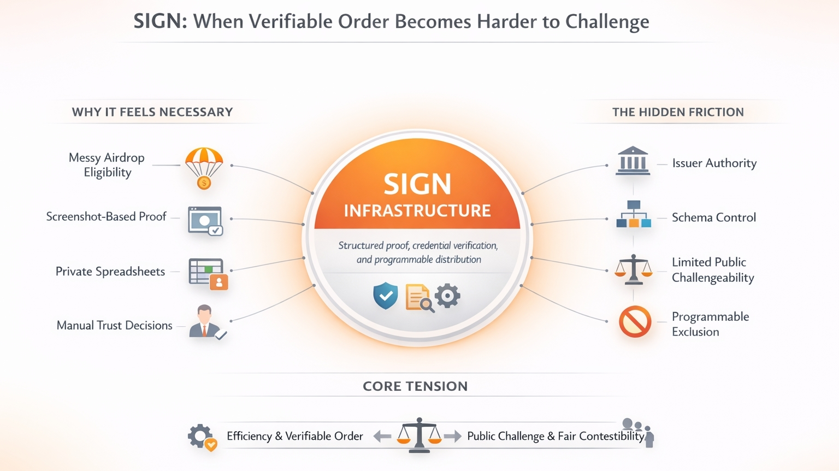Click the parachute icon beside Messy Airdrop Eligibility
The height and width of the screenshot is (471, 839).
pos(204,167)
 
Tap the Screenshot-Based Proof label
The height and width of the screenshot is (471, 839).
pos(106,217)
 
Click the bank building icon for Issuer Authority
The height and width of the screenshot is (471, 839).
pos(633,161)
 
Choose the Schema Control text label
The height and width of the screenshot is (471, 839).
pos(713,217)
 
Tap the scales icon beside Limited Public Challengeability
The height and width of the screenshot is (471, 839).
pos(633,270)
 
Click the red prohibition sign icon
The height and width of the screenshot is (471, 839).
pos(635,322)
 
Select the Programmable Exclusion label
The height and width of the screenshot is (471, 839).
pos(710,324)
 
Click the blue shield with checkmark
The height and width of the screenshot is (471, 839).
pos(386,296)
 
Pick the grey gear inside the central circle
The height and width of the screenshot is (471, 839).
pos(448,296)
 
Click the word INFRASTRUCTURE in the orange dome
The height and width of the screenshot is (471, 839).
pos(417,211)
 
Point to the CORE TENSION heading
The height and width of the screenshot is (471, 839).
pos(415,386)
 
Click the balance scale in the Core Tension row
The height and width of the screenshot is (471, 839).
pos(419,435)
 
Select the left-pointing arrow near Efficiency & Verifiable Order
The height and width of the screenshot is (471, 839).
pos(382,436)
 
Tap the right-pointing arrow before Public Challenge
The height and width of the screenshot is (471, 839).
pos(452,436)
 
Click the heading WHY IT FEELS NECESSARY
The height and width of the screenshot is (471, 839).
pos(152,112)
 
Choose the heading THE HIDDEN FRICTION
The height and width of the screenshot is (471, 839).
pos(678,112)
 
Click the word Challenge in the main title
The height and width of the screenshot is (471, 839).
pos(607,22)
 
